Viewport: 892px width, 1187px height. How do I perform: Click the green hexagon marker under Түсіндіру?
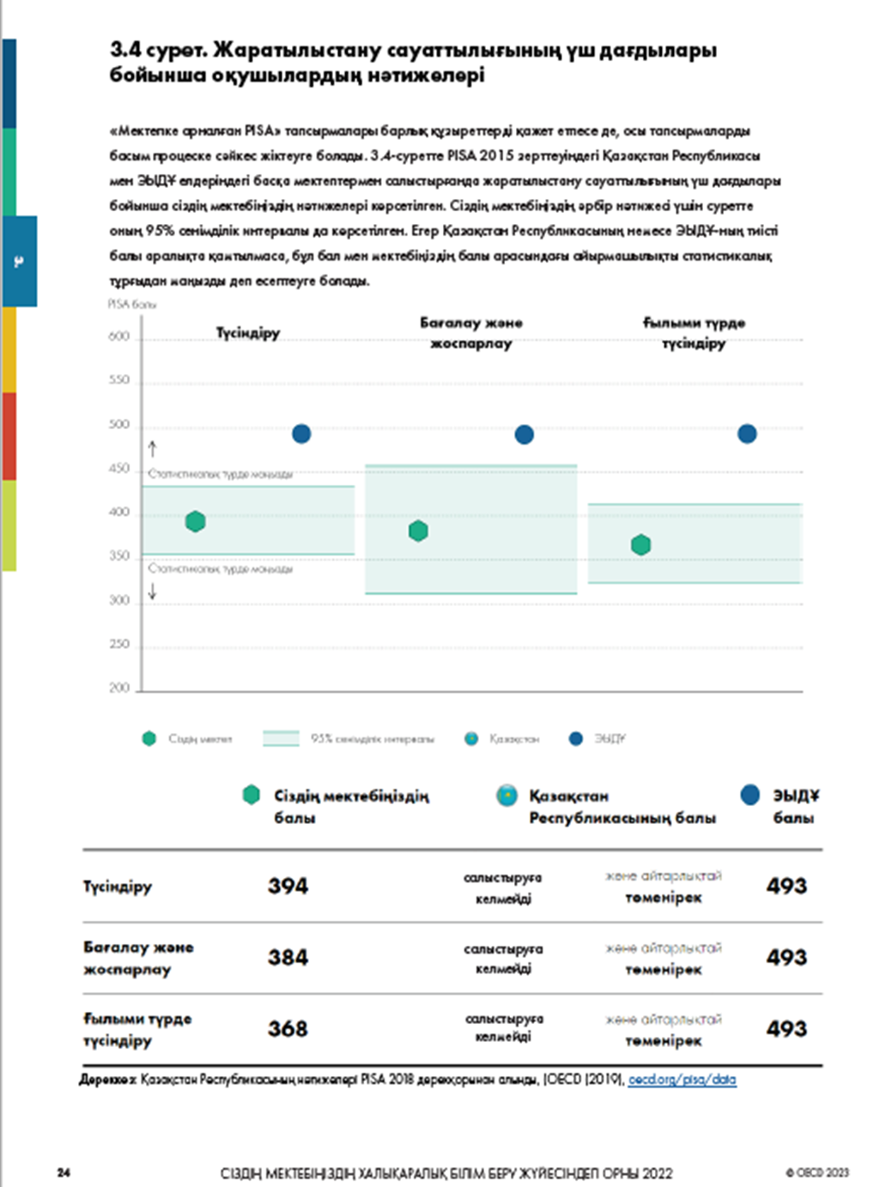click(x=196, y=521)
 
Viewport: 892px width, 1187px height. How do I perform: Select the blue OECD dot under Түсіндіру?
click(x=301, y=433)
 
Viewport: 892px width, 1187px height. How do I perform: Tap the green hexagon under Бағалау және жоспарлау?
click(x=418, y=530)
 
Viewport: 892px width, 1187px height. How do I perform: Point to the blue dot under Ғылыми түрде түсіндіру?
click(x=747, y=433)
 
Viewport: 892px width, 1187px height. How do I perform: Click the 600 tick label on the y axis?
click(x=119, y=336)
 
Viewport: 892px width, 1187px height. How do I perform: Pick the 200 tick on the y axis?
click(x=119, y=687)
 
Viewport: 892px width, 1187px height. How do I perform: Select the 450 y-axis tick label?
click(x=119, y=469)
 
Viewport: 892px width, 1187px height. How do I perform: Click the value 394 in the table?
click(x=288, y=886)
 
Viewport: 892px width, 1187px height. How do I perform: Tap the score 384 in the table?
click(x=288, y=957)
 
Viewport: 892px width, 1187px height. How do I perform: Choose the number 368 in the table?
click(x=288, y=1028)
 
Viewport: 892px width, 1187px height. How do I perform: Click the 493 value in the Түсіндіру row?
click(x=786, y=886)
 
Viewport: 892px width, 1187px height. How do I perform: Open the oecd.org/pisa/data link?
click(x=682, y=1080)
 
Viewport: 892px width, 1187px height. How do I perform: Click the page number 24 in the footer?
click(x=64, y=1172)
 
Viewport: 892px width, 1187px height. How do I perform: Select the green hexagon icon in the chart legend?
click(x=149, y=738)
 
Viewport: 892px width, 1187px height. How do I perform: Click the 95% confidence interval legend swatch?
click(x=281, y=738)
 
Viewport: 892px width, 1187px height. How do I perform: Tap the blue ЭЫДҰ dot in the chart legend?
click(x=576, y=738)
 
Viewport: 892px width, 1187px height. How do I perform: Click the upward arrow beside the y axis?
click(x=153, y=448)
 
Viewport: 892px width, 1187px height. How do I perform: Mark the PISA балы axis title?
click(x=132, y=304)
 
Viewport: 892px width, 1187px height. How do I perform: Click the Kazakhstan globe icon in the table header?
click(x=507, y=795)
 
